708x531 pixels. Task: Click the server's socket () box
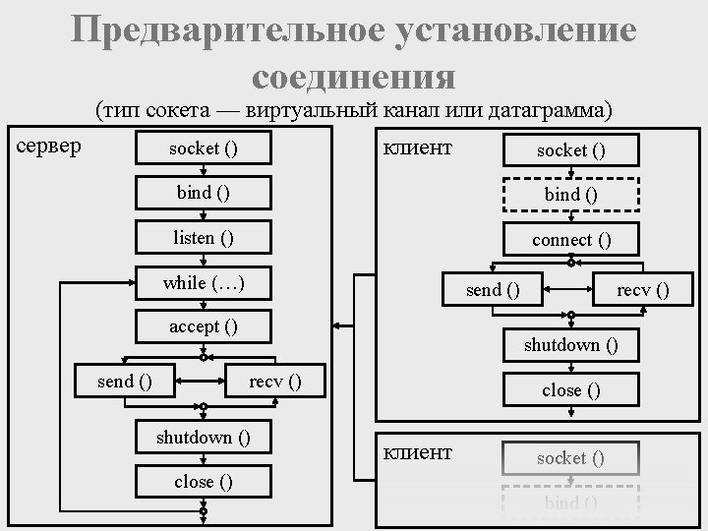[203, 148]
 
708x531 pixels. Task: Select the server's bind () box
[203, 193]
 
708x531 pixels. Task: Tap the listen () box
[203, 237]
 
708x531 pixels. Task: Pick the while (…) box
[203, 283]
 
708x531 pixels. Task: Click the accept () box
[203, 326]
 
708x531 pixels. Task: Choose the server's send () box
[124, 381]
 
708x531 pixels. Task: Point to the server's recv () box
[275, 381]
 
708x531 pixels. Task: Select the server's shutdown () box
[203, 437]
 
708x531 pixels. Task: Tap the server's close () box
[203, 481]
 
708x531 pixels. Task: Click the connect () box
[571, 239]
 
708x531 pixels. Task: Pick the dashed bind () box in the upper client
[571, 195]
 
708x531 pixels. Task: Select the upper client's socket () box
[571, 150]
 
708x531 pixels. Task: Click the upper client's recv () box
[642, 289]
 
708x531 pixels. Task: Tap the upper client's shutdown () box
[571, 344]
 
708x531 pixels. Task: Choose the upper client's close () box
[571, 389]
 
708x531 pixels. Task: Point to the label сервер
[51, 147]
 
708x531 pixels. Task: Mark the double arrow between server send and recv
[203, 381]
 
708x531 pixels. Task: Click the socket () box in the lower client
[571, 457]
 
